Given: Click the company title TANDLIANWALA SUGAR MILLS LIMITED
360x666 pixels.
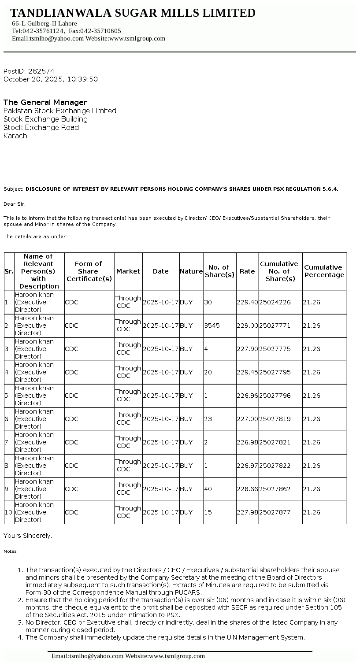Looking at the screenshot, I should (x=133, y=13).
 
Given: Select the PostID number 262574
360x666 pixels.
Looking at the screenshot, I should (x=41, y=71).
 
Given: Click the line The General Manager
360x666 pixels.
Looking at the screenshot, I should (x=45, y=102).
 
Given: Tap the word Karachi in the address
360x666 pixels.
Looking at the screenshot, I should (x=16, y=136).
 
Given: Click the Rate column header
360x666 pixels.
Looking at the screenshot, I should (x=247, y=271).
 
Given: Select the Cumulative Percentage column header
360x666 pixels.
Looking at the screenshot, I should (x=324, y=271).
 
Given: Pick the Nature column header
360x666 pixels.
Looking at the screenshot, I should (x=191, y=271).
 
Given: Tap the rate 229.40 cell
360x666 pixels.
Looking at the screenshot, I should (x=247, y=302).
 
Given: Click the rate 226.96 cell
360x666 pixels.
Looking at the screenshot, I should (x=247, y=396).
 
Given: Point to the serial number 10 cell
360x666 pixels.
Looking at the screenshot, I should (x=8, y=512).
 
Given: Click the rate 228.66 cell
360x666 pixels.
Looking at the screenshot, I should (x=247, y=489).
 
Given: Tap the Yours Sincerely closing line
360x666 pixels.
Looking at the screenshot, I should (x=28, y=536).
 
